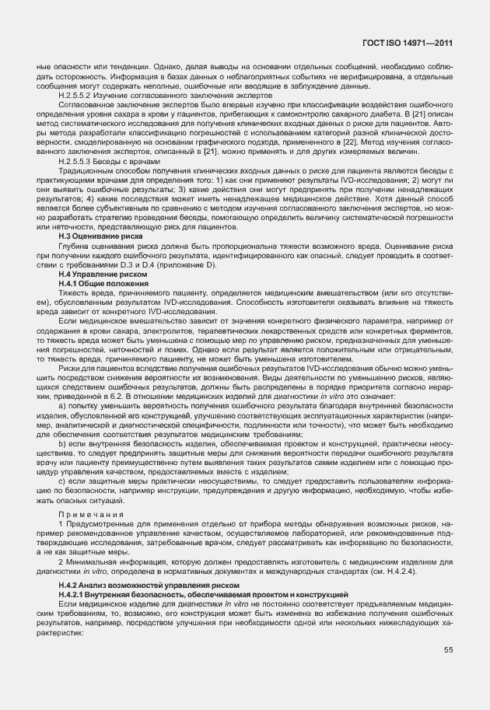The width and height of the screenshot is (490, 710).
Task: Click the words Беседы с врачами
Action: click(x=121, y=162)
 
